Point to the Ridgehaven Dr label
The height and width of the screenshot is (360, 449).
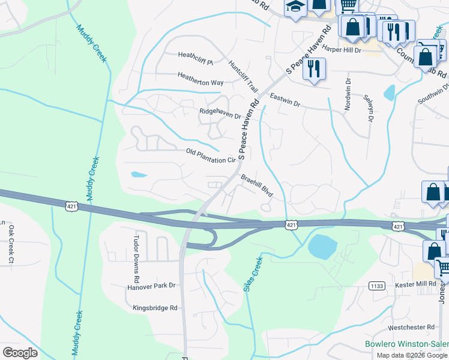[x=220, y=112]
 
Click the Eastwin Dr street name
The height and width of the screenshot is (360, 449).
[x=285, y=99]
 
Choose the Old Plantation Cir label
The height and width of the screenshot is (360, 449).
[x=211, y=156]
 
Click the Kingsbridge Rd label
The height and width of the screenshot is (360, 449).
[x=155, y=308]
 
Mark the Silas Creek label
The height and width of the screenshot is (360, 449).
[x=253, y=274]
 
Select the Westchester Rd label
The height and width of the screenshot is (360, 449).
[x=411, y=327]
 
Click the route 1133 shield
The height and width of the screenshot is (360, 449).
[x=378, y=286]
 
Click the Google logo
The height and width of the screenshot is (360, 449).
[x=19, y=353]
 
